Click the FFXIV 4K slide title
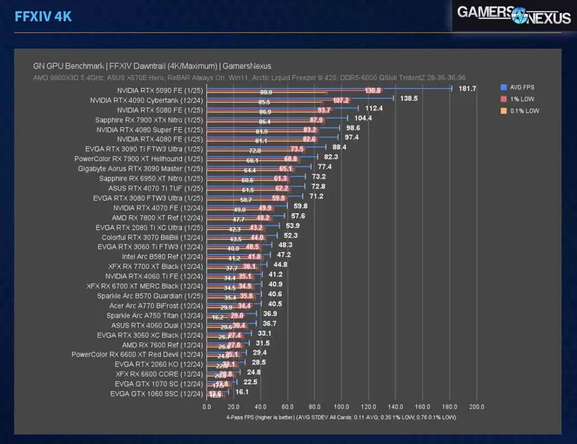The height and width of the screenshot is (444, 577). pyautogui.click(x=43, y=16)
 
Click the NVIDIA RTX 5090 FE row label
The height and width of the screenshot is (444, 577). pyautogui.click(x=159, y=90)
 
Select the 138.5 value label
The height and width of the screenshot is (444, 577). pyautogui.click(x=412, y=99)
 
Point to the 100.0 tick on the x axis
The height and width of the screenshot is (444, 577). pyautogui.click(x=341, y=407)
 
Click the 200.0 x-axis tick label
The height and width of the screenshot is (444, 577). pyautogui.click(x=477, y=407)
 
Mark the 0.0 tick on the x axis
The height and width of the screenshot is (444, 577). pyautogui.click(x=207, y=407)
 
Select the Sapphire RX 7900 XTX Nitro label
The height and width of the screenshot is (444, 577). pyautogui.click(x=149, y=119)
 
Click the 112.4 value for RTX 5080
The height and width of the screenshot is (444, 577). pyautogui.click(x=374, y=108)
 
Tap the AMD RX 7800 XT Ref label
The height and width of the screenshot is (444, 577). pyautogui.click(x=157, y=217)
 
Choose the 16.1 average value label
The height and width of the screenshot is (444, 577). pyautogui.click(x=242, y=392)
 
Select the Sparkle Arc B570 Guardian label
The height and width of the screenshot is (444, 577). pyautogui.click(x=149, y=296)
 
